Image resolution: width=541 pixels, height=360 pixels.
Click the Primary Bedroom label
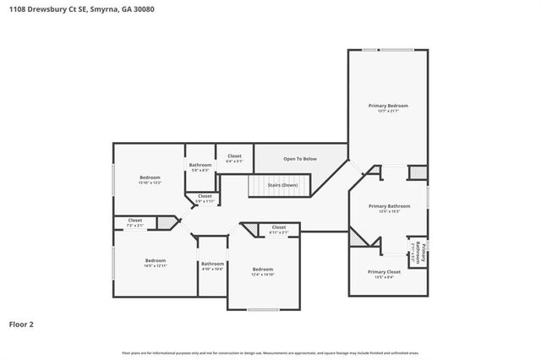point(388,106)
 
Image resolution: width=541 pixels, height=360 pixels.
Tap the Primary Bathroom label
point(388,205)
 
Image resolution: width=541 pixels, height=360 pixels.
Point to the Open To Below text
point(300,158)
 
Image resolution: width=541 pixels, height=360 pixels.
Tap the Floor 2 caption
point(21,323)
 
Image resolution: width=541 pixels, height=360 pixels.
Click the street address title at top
point(65,8)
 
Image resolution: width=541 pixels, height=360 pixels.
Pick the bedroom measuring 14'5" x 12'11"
point(156,263)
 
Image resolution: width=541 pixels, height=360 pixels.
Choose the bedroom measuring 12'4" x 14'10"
point(263,272)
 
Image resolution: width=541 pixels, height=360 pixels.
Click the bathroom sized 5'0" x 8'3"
point(200,167)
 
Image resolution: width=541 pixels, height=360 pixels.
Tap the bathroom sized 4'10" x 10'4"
point(212,266)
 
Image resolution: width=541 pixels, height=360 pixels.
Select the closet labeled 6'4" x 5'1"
point(234,158)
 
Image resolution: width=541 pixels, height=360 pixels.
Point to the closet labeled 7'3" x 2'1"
point(135,222)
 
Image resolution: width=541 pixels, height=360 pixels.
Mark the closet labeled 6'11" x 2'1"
point(278,229)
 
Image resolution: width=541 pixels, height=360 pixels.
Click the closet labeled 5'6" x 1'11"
point(205,199)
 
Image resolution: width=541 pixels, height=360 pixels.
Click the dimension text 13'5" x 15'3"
point(388,210)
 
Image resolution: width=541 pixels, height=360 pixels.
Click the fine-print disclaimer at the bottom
point(270,351)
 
